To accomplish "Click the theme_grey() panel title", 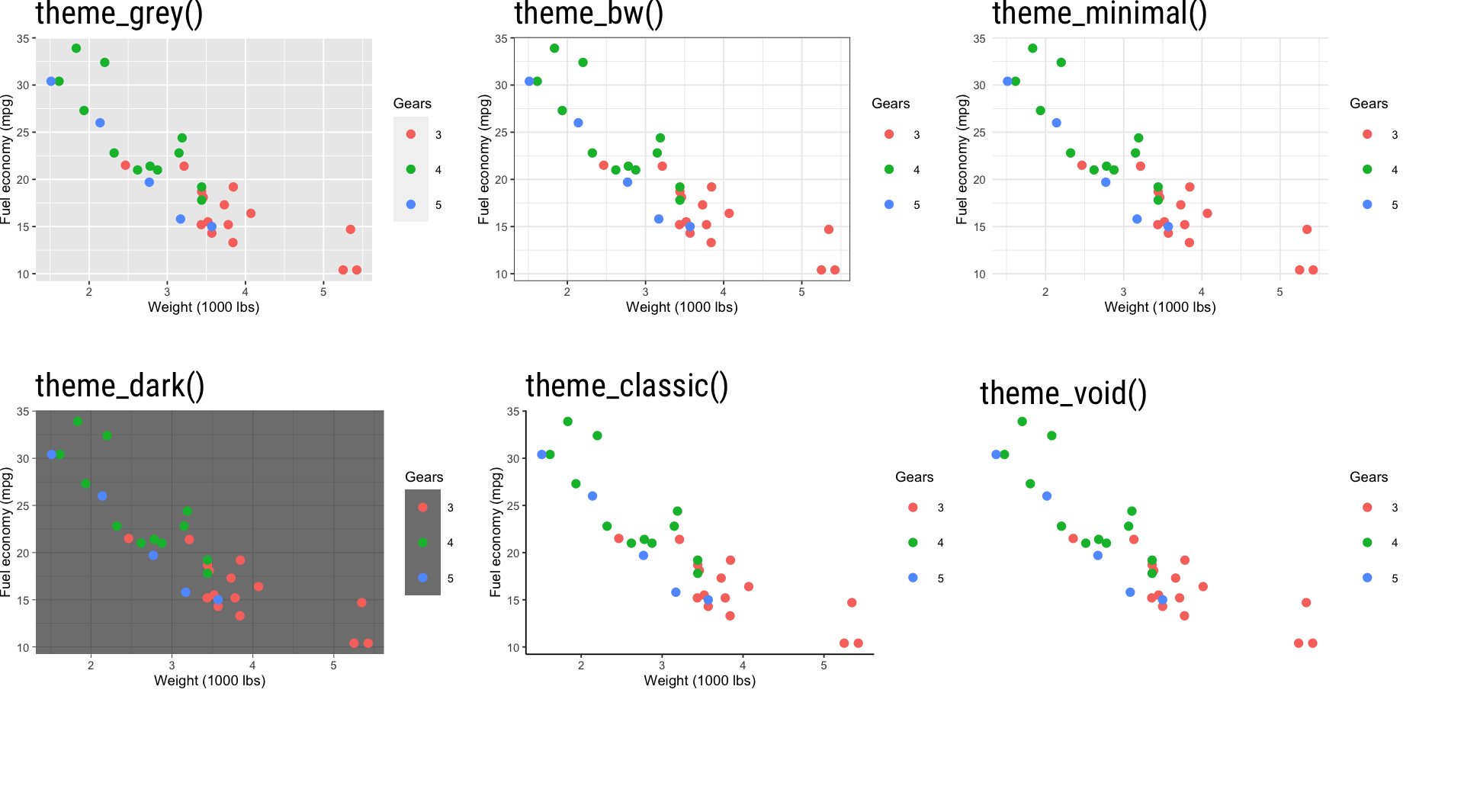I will coord(119,14).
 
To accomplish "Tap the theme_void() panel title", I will coord(1063,393).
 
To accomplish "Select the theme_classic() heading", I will coord(627,386).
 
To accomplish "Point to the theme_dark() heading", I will coord(120,386).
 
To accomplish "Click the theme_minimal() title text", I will coord(1099,14).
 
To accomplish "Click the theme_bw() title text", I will coord(589,14).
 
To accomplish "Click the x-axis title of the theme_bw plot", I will coord(682,307).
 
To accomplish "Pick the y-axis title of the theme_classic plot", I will coord(496,531).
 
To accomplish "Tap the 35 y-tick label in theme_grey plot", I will coord(24,39).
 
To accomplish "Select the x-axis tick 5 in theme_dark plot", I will coord(333,665).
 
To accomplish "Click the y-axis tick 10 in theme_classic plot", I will coord(513,648).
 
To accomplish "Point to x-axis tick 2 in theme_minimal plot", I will coord(1045,292).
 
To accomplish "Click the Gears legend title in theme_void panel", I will coord(1369,477).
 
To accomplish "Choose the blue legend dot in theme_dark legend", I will coord(422,578).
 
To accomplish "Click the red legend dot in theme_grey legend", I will coord(411,134).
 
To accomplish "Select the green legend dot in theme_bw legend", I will coord(889,169).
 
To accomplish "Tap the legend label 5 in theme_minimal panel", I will coord(1395,205).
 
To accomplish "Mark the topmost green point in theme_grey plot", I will coord(76,48).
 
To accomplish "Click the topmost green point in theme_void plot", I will coord(1022,422).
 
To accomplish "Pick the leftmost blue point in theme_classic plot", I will coord(541,454).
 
